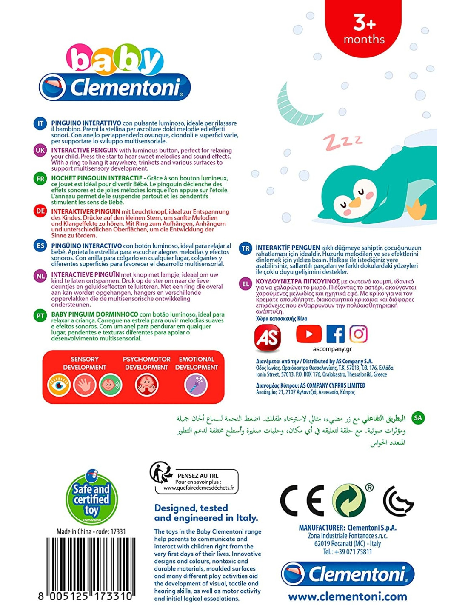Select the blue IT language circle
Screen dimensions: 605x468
tap(40, 124)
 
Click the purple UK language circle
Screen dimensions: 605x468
tap(40, 150)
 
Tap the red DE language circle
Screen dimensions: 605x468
tap(40, 211)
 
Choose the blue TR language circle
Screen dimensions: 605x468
tap(245, 248)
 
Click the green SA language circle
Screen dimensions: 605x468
tap(418, 418)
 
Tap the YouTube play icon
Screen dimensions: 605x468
tap(308, 334)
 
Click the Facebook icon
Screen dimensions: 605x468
tap(335, 334)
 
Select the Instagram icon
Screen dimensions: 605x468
tap(358, 334)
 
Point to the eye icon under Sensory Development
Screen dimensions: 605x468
tap(59, 385)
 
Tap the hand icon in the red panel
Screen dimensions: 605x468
tap(85, 385)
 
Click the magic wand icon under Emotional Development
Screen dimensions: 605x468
tap(196, 385)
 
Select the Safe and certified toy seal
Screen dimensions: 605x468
tap(91, 499)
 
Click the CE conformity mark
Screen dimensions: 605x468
tap(302, 501)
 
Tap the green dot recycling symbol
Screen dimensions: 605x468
tap(349, 501)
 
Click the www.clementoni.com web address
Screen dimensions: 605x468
tap(347, 596)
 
